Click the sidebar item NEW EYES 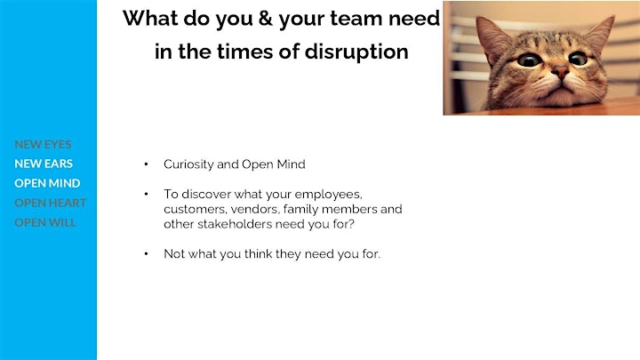tap(43, 144)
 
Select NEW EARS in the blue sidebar tap(44, 164)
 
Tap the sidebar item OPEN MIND tap(47, 183)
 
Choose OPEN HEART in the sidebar tap(50, 203)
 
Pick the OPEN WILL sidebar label tap(45, 222)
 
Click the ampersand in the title tap(265, 19)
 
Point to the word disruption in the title tap(356, 52)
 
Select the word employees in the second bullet tap(328, 195)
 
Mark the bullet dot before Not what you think tap(146, 254)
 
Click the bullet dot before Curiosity tap(146, 164)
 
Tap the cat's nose tap(561, 73)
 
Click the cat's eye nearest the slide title tap(530, 60)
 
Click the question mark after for tap(352, 224)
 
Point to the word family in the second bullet tap(298, 210)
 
